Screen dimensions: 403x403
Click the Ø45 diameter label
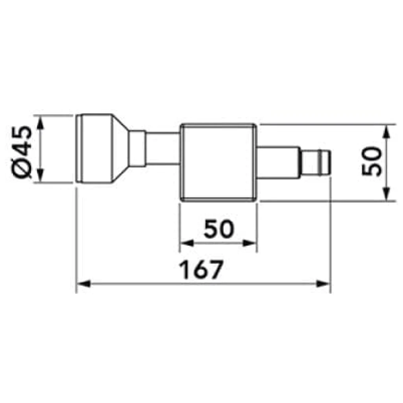(22, 152)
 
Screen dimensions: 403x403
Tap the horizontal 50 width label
(219, 229)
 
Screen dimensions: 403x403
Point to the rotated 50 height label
(372, 161)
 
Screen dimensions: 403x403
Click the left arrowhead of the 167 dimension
(84, 284)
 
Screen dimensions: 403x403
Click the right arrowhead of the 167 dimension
(323, 284)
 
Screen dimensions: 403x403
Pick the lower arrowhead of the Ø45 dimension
(40, 176)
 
